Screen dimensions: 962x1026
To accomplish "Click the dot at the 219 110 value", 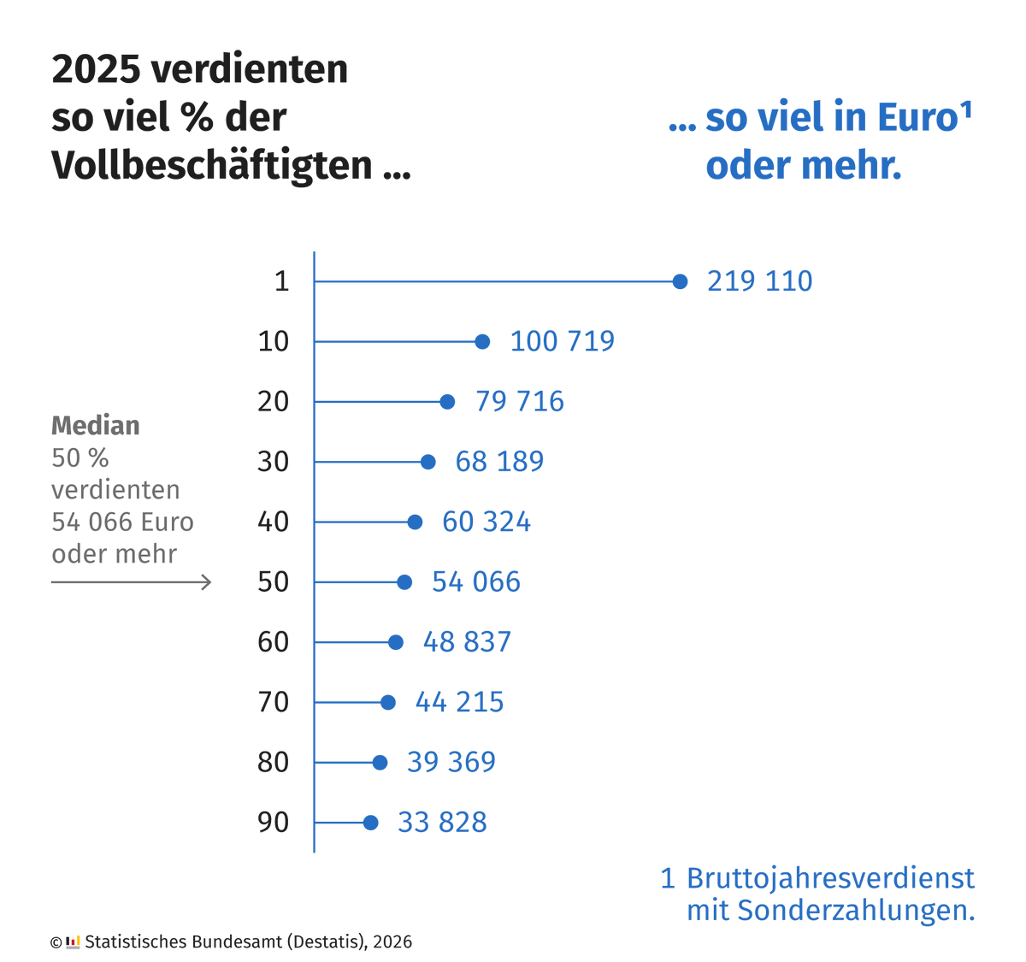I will (680, 281).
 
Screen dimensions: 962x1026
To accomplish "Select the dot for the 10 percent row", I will (482, 342).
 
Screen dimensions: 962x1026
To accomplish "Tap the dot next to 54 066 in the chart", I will (404, 582).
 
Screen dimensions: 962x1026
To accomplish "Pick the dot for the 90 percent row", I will (370, 823).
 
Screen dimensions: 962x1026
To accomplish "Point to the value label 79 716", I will (520, 401).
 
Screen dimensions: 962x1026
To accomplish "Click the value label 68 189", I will (499, 462).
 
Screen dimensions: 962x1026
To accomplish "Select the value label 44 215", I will (459, 702).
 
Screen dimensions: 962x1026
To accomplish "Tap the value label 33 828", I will (442, 823).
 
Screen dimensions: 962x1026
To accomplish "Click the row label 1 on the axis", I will (281, 281).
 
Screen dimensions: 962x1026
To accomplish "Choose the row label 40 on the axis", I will (274, 522).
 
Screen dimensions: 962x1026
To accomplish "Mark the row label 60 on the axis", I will (274, 642).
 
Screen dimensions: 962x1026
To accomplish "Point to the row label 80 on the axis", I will (274, 762).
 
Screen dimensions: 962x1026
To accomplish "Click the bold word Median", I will (96, 426).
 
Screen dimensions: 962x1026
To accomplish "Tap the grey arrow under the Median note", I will (131, 582).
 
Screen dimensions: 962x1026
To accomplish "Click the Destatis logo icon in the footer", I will (73, 941).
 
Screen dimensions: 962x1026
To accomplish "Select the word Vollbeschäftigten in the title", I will (212, 165).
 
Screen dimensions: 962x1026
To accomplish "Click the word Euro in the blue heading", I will (917, 118).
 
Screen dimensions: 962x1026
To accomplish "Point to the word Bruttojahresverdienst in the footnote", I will (830, 878).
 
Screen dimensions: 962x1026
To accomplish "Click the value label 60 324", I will (486, 522).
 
